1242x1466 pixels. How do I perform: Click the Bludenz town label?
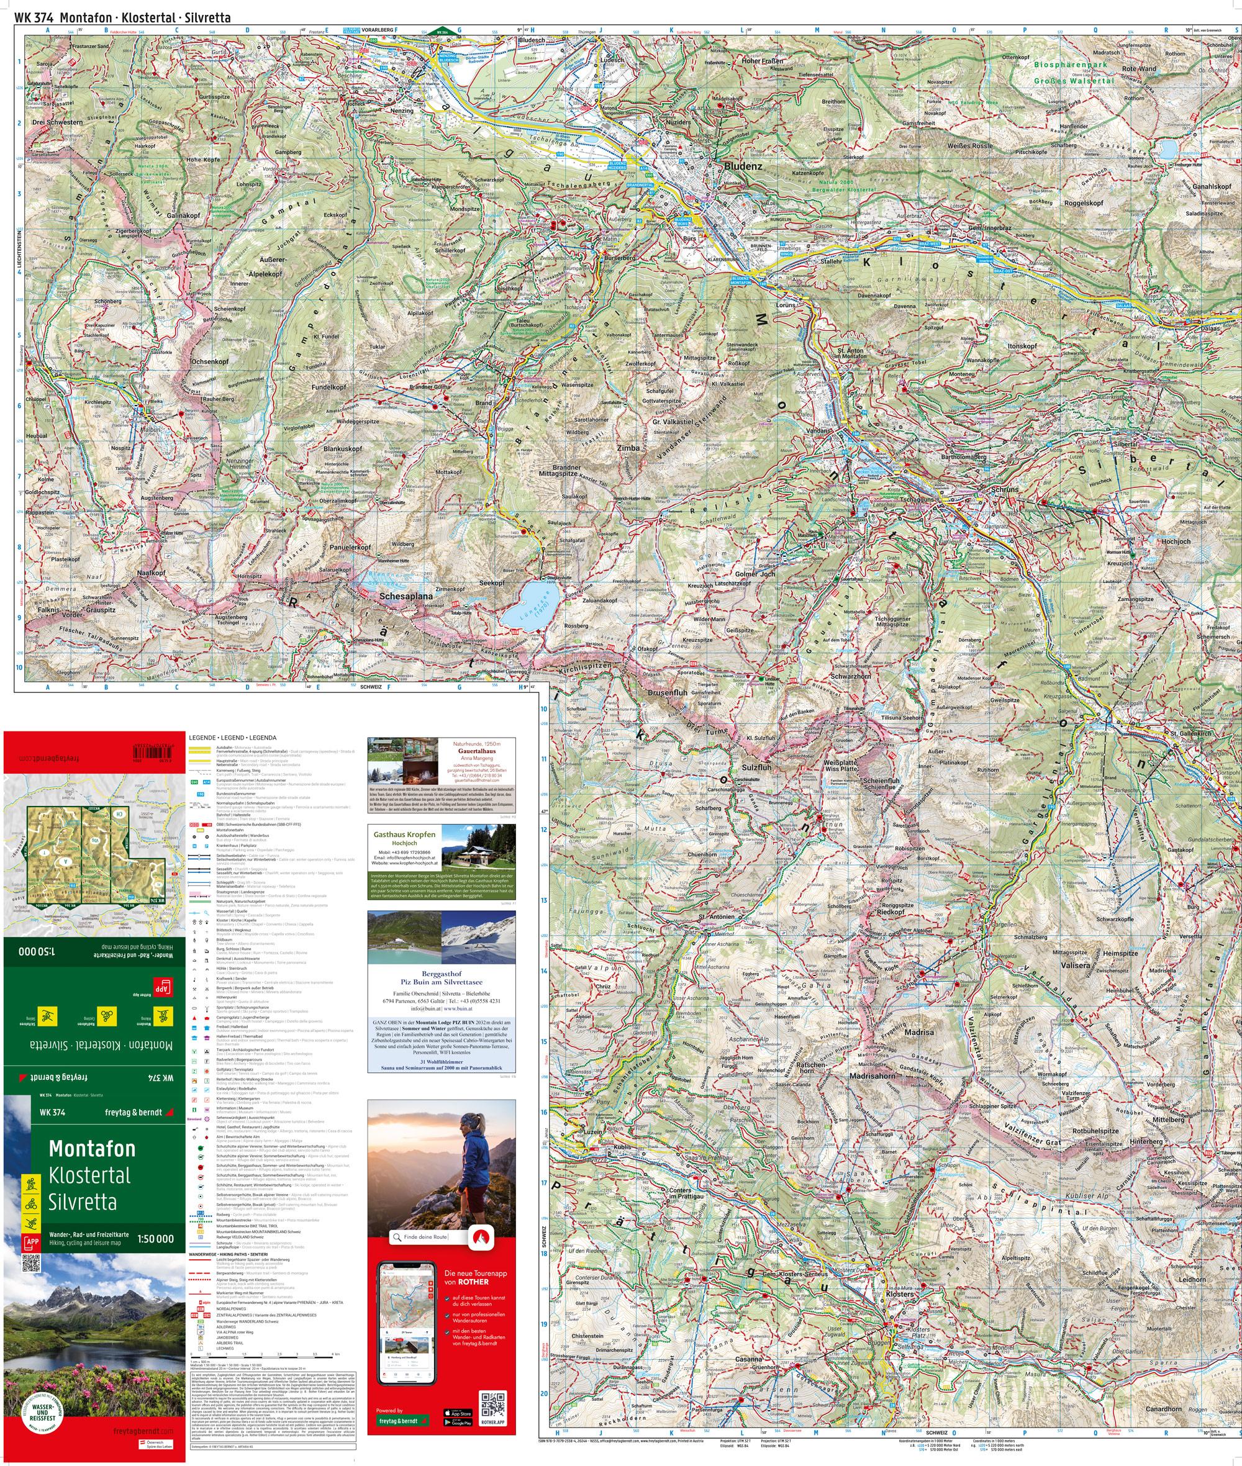[x=742, y=167]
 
